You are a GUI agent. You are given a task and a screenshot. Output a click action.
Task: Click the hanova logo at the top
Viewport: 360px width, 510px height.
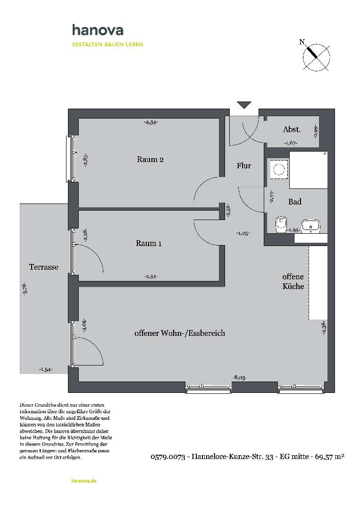(98, 31)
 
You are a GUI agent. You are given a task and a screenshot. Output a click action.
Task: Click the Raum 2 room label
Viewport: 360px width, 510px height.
(150, 159)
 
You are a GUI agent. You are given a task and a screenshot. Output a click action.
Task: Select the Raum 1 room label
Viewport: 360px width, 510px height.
(149, 243)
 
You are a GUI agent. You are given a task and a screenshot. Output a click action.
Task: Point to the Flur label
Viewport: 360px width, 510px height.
(244, 166)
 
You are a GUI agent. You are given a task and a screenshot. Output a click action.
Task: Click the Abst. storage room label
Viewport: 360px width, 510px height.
(292, 129)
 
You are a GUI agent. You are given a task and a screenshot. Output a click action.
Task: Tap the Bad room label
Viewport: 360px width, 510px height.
(295, 202)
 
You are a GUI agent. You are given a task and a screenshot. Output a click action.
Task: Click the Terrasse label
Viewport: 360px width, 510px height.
(44, 267)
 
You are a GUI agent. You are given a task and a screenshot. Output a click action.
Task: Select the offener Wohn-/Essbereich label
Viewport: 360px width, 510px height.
(179, 333)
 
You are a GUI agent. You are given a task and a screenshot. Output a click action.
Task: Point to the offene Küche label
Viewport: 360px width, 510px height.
(293, 281)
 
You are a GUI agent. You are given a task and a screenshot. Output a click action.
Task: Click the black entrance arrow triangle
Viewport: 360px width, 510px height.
(244, 105)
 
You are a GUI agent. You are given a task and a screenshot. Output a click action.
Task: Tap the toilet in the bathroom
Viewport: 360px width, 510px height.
(282, 223)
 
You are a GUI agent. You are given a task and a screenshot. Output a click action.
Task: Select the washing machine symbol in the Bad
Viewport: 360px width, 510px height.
(278, 169)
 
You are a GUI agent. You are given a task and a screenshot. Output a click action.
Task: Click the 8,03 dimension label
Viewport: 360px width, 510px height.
(240, 377)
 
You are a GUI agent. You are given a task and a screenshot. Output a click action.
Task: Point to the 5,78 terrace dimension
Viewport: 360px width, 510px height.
(25, 288)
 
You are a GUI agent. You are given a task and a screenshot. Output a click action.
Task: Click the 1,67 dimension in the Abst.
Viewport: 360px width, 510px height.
(290, 143)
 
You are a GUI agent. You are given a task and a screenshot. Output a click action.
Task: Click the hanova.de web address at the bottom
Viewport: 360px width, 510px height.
(84, 481)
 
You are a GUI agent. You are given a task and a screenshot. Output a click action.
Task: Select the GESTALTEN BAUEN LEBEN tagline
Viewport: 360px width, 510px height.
(107, 44)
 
